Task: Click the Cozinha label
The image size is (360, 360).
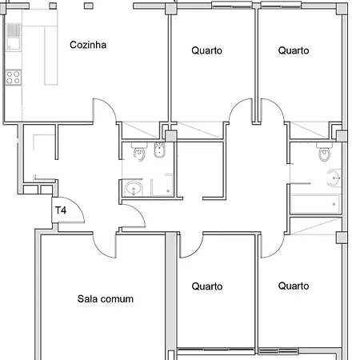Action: (88, 45)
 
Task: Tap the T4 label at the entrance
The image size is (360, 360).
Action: (61, 210)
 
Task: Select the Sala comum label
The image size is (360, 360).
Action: (106, 299)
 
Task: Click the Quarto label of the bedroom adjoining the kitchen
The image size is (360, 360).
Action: (207, 50)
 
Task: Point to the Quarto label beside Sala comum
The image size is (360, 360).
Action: (207, 286)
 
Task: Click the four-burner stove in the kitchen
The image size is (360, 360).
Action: (14, 78)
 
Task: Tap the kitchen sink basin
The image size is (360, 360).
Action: (14, 44)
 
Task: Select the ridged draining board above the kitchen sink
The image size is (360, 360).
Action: (14, 30)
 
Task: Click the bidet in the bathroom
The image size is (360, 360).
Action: (159, 150)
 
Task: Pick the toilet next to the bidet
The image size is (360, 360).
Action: (139, 152)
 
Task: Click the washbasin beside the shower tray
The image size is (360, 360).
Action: (134, 189)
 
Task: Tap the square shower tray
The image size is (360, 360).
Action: (162, 186)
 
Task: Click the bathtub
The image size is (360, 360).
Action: (315, 204)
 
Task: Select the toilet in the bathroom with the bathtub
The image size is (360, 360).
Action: (325, 152)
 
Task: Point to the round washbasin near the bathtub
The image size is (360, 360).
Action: (334, 178)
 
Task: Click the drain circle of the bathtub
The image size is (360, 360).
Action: (334, 204)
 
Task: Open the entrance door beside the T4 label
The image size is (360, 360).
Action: (69, 210)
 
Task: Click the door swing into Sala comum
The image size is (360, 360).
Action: (105, 246)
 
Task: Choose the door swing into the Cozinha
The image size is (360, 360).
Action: (105, 110)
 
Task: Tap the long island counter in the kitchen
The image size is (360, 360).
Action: (50, 55)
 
